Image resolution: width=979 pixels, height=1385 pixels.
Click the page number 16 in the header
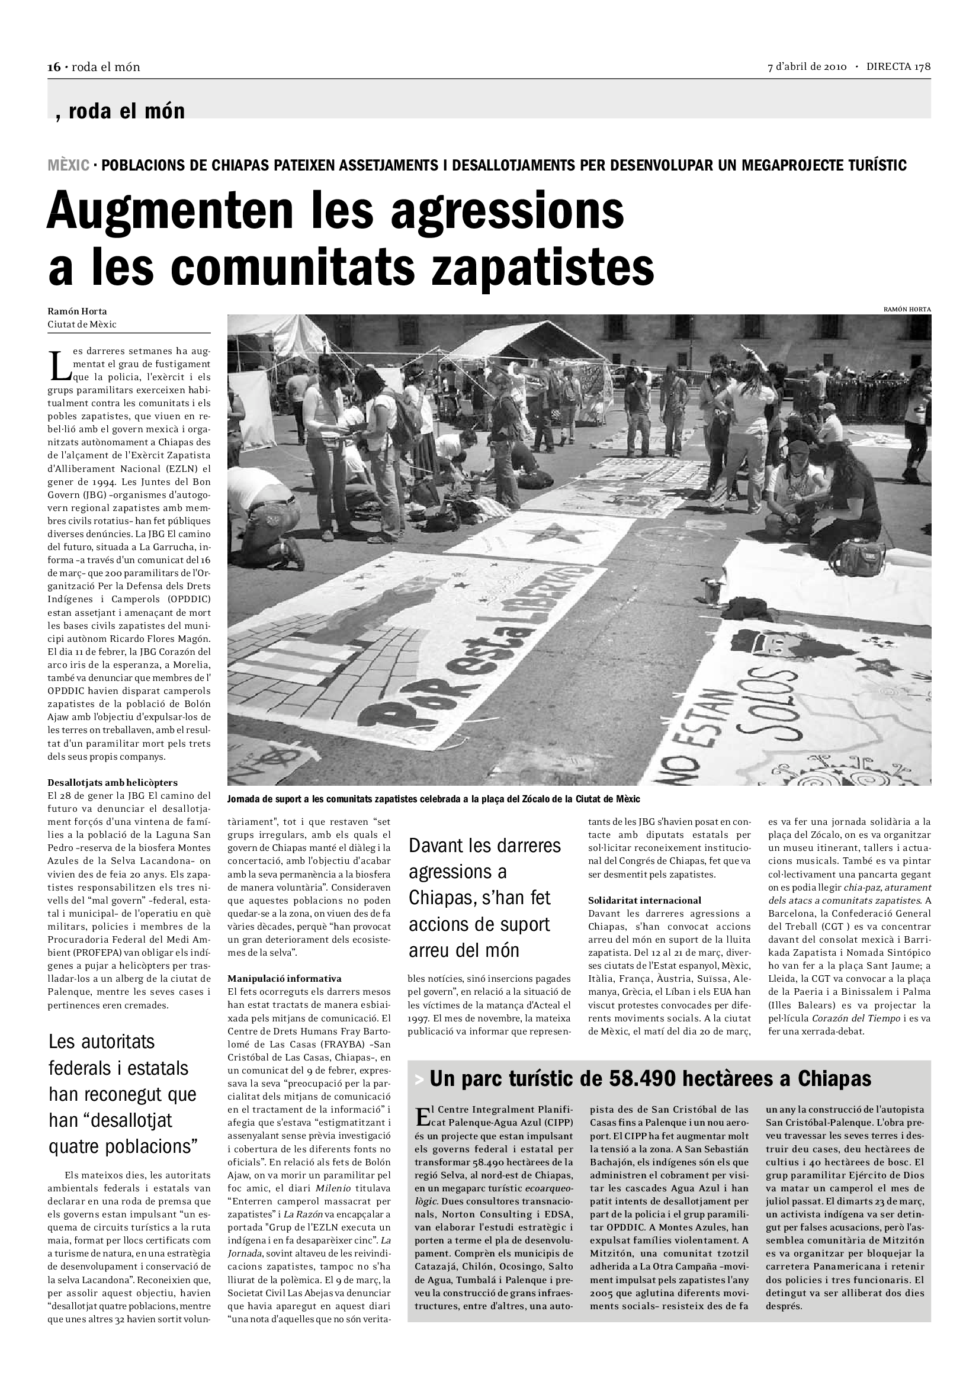(54, 67)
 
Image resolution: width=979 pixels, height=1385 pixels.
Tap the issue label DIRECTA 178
(898, 67)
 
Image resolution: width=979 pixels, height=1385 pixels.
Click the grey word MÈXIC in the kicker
(69, 165)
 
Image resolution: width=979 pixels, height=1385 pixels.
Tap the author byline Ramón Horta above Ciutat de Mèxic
(77, 311)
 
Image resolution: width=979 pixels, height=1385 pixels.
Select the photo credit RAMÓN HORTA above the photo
(907, 310)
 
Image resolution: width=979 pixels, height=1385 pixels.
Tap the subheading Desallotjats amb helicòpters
(113, 782)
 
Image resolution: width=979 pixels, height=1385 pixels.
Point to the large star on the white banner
(550, 534)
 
